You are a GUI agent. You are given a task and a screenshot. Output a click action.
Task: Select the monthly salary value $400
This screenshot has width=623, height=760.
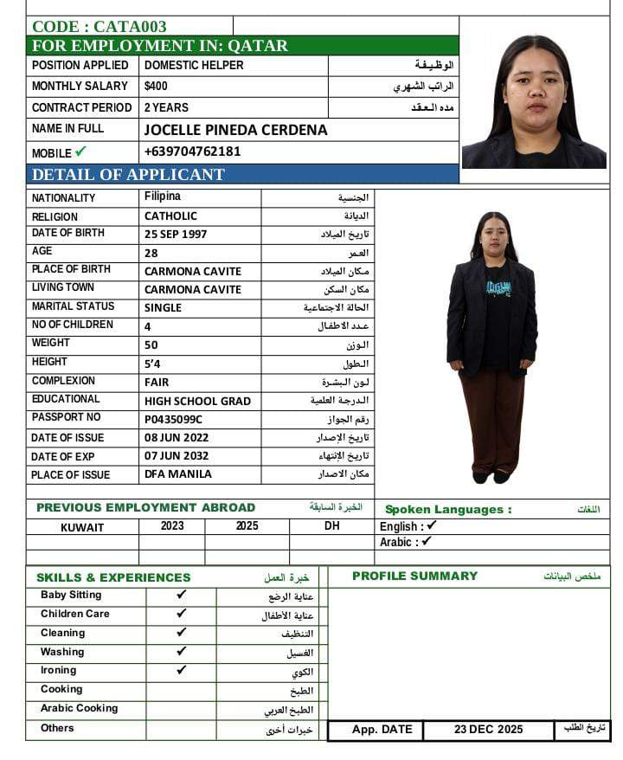coord(157,87)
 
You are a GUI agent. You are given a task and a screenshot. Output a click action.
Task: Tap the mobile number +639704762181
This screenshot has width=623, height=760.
coord(192,151)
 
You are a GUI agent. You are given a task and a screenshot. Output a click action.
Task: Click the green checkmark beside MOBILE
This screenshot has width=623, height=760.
coord(81,152)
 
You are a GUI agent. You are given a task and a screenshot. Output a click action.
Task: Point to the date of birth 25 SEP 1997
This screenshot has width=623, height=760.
coord(176,234)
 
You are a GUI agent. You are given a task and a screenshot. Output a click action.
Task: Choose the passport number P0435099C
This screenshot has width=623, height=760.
coord(173,419)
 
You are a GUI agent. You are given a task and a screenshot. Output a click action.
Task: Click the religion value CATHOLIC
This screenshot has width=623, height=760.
coord(170,216)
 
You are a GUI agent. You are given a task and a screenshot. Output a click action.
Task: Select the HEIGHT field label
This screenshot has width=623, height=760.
coord(49,362)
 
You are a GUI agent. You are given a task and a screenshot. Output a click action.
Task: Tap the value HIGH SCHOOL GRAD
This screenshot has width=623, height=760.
coord(197,401)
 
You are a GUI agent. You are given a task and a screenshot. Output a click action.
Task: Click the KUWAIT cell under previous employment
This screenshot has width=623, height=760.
coord(82,527)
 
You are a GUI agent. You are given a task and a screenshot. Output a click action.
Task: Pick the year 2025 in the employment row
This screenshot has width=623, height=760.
coord(247,526)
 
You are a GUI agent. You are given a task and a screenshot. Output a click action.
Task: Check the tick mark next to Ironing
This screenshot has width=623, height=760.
coord(181,670)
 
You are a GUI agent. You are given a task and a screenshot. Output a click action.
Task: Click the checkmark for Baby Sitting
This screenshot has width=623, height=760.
coord(181,595)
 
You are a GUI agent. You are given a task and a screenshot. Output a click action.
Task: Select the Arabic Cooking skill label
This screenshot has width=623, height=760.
coord(79,708)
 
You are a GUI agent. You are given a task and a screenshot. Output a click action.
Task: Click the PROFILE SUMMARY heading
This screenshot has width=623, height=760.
coord(414,576)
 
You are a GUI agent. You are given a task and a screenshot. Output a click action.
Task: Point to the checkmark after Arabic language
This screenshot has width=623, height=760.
coord(427,542)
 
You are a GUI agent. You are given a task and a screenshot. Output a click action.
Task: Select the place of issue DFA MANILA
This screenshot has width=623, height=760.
coord(177,474)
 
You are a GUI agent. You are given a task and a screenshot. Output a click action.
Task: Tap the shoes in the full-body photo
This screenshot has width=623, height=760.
coord(491,476)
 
